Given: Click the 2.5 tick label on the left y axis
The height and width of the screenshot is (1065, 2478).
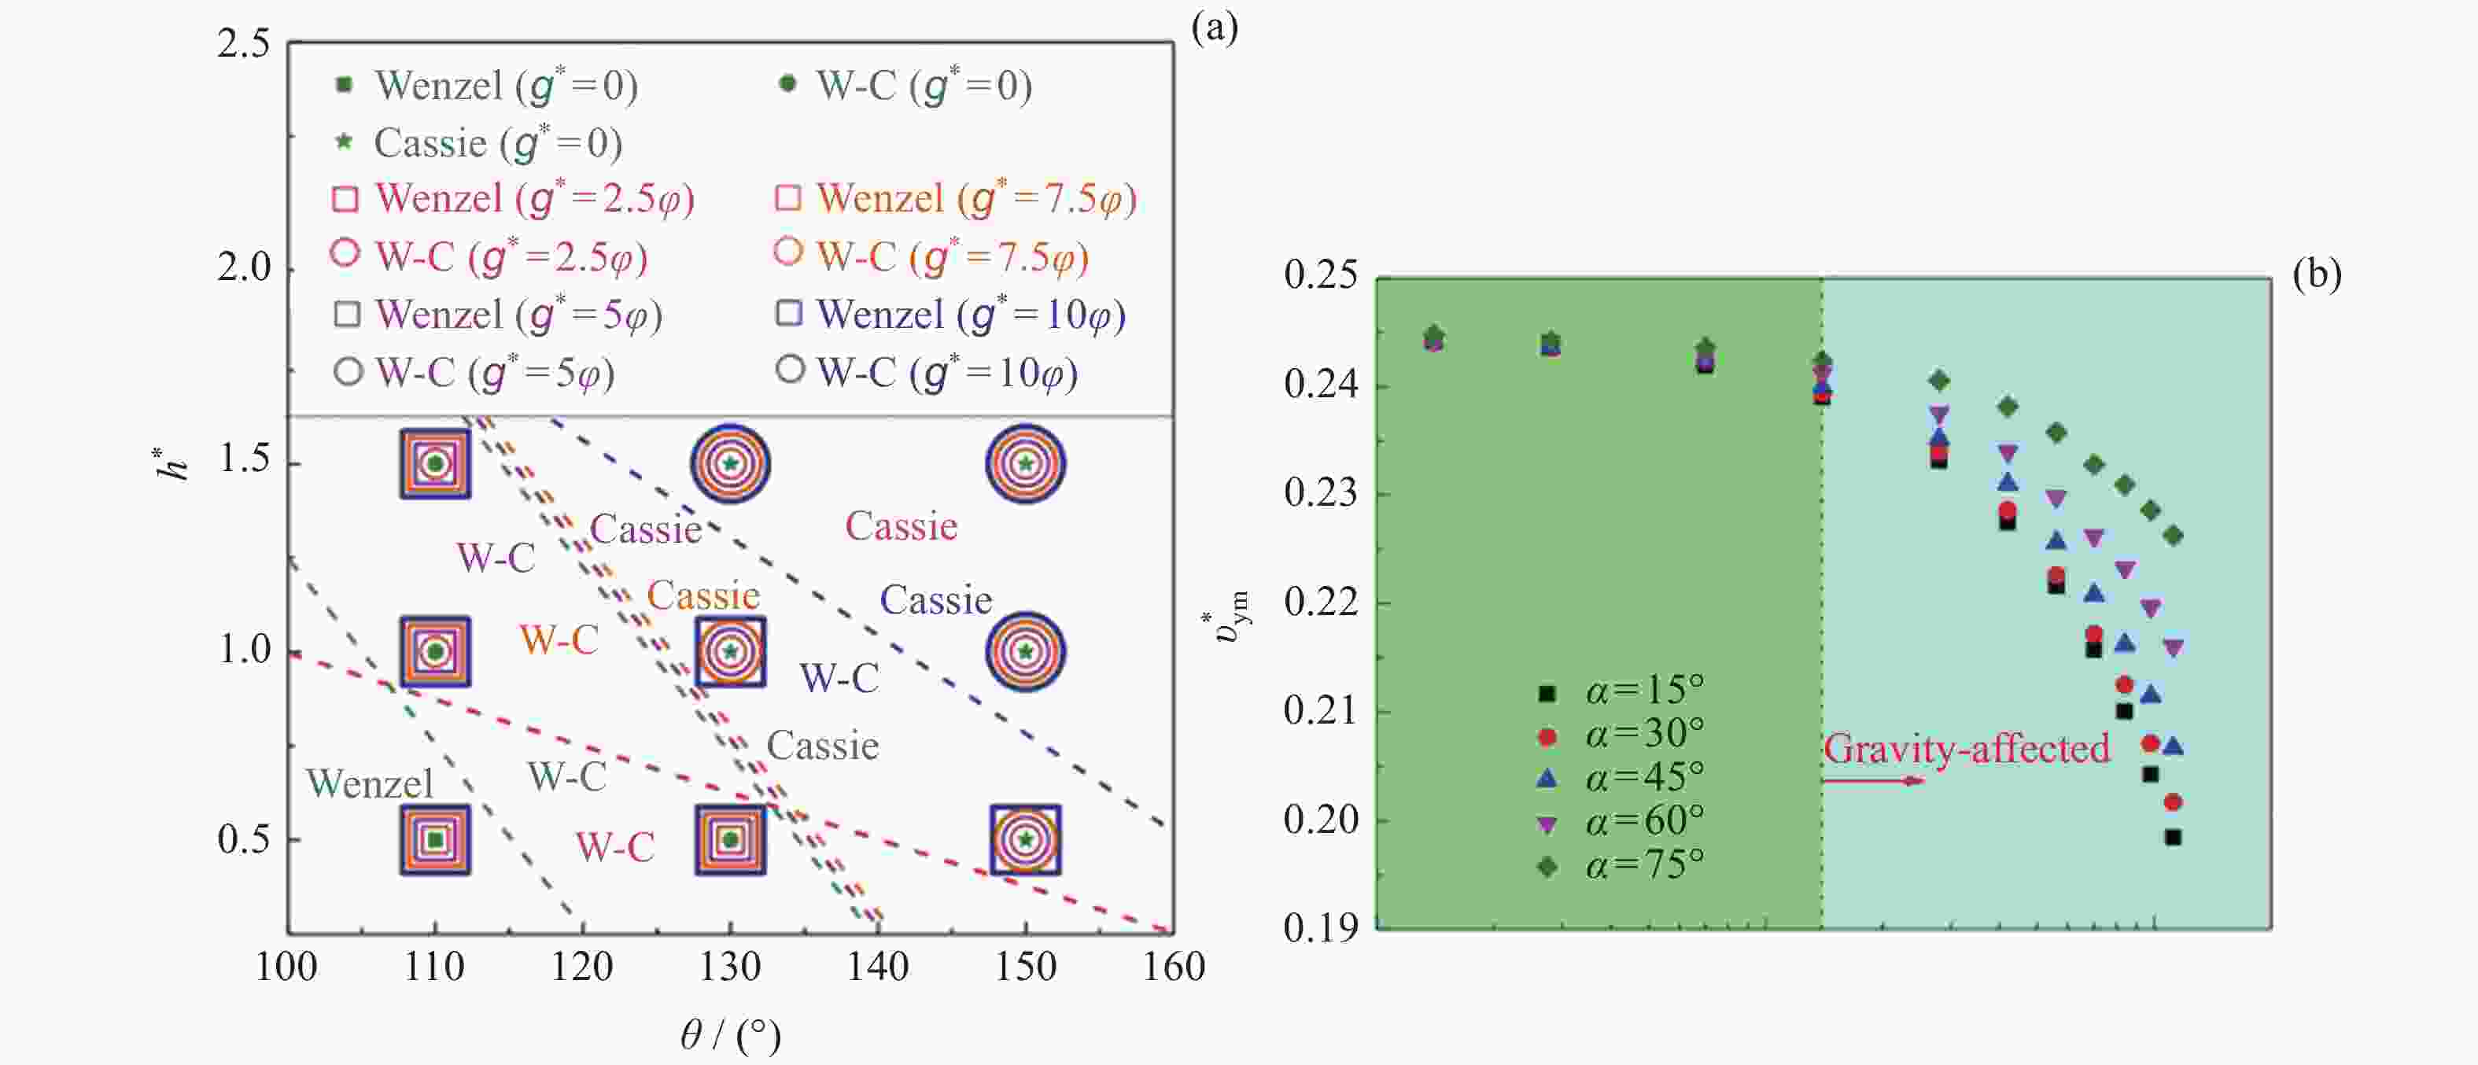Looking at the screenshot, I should click(243, 44).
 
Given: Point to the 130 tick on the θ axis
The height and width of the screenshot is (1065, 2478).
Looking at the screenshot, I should click(730, 966).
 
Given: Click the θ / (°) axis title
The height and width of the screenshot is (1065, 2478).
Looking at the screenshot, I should click(730, 1035).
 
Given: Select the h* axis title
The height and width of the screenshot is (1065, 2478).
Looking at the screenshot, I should click(173, 462).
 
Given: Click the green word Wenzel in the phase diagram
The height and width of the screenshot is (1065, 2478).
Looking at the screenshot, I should click(370, 784).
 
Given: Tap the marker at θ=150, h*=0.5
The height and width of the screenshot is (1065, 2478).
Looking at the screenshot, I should click(1026, 840).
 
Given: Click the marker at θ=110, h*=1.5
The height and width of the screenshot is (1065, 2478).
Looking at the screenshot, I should click(436, 464).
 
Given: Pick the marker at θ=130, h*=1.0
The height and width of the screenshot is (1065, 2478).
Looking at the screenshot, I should click(730, 651).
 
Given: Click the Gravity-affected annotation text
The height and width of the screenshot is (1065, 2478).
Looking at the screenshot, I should click(1966, 749).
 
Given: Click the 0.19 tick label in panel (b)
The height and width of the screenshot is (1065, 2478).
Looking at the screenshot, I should click(1321, 927).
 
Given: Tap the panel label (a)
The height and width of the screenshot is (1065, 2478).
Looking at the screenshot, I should click(1214, 29).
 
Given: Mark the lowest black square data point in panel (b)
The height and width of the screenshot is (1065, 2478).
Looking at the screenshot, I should click(2172, 837).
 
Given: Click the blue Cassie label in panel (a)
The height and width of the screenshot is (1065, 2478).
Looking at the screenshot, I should click(935, 600).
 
